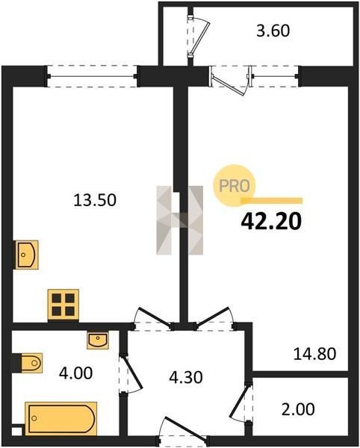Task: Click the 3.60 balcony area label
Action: coord(273,31)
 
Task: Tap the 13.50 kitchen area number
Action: coord(95,200)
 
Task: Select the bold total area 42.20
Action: coord(271,222)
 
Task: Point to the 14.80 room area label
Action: coord(315,354)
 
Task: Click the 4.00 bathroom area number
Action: coord(75,373)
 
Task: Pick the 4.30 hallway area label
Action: coord(186,377)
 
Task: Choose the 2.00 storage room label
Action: coord(298,409)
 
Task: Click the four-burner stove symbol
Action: coord(63,305)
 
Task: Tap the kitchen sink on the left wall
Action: coord(27,255)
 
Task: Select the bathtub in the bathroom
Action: coord(60,418)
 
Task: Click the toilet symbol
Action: coord(28,363)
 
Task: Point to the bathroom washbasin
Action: coord(98,340)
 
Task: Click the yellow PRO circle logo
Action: coord(235,186)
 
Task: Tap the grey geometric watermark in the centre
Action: coord(180,220)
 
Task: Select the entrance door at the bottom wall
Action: coord(183,431)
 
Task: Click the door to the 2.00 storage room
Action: coord(242,402)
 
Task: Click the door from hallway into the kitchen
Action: coord(153,319)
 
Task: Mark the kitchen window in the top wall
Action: coord(93,76)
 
